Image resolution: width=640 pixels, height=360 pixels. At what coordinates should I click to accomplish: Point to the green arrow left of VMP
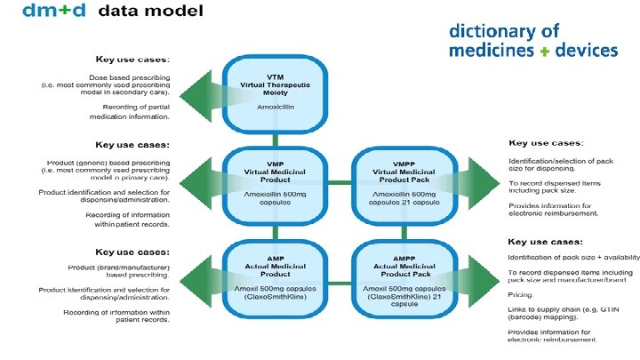(201, 182)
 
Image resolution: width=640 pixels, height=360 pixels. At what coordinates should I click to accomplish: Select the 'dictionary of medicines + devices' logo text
(533, 41)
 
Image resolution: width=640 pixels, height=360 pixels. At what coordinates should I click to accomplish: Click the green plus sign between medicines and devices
(543, 52)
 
